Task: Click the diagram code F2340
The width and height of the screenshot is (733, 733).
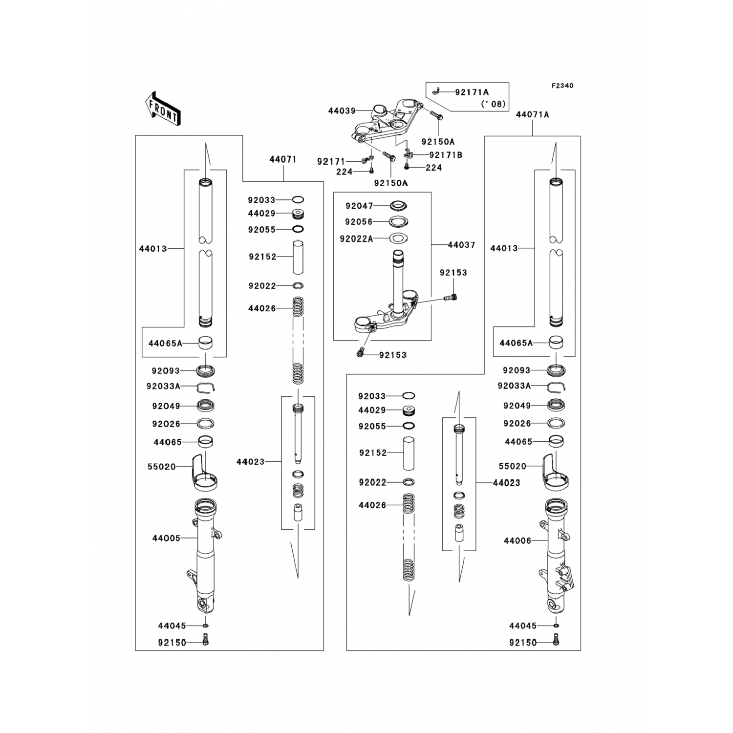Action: point(562,86)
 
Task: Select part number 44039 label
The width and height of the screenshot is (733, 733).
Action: point(342,111)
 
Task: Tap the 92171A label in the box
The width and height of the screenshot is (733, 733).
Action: point(472,92)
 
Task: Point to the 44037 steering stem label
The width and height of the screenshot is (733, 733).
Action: point(461,245)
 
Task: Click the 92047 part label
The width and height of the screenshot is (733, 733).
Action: point(359,206)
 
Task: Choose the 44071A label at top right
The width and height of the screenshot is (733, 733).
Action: point(532,115)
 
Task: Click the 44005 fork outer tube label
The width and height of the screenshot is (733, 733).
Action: point(166,539)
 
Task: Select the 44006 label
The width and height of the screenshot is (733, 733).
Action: point(517,541)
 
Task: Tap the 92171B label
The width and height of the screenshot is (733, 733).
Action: point(446,155)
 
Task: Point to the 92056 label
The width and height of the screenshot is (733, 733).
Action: point(359,222)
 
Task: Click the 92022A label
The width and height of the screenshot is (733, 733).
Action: point(356,239)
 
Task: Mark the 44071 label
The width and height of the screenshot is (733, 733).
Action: point(283,160)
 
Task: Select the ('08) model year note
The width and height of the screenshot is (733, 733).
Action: point(493,104)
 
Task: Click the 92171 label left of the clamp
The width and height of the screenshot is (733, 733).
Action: point(331,161)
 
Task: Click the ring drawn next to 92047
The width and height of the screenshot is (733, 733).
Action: point(398,206)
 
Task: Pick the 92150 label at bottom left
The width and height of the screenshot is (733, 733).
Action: point(172,643)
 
